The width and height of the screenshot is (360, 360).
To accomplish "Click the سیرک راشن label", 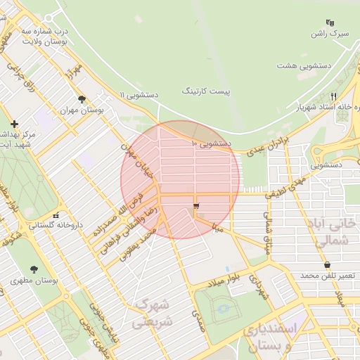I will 330,34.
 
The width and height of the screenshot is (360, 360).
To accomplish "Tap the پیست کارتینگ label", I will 205,91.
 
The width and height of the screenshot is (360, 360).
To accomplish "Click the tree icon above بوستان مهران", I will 82,99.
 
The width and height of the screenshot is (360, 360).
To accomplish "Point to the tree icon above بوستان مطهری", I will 34,269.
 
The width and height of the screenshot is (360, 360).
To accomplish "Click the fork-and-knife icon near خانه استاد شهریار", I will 334,96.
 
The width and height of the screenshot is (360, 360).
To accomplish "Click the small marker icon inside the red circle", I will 195,206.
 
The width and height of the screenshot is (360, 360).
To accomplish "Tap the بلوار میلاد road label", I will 224,279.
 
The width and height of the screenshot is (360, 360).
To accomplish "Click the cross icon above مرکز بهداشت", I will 14,123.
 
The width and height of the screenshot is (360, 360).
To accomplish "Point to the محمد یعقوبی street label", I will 136,245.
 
